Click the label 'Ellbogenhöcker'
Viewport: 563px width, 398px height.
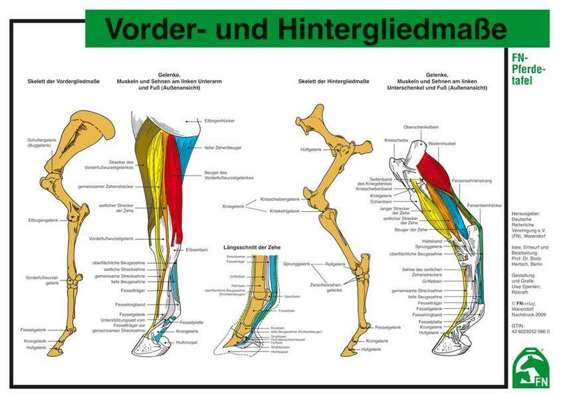pos(219,121)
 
